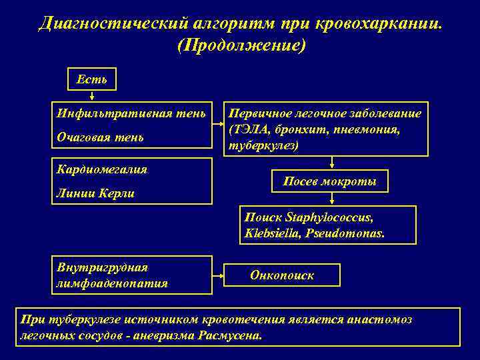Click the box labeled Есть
pyautogui.click(x=92, y=79)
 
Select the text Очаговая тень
pyautogui.click(x=100, y=137)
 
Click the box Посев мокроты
pyautogui.click(x=330, y=181)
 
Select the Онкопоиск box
pyautogui.click(x=282, y=275)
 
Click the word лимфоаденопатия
pyautogui.click(x=111, y=283)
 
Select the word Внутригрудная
pyautogui.click(x=102, y=267)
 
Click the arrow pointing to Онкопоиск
pyautogui.click(x=218, y=275)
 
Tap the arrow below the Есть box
pyautogui.click(x=91, y=95)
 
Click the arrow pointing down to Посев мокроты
pyautogui.click(x=331, y=164)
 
